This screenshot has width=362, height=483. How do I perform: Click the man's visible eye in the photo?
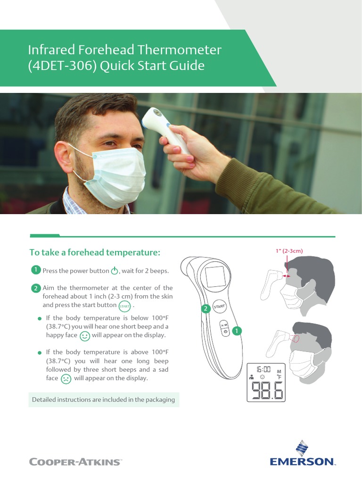point(109,143)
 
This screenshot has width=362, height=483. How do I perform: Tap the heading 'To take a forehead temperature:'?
point(95,252)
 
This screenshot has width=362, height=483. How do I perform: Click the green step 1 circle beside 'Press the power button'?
point(35,270)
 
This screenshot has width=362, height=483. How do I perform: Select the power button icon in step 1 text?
point(115,271)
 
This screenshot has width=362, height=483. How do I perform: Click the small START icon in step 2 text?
point(124,305)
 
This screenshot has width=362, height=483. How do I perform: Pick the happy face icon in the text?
point(85,336)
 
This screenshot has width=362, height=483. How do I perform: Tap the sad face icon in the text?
point(66,378)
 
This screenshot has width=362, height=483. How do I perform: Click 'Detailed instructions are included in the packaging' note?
point(103,400)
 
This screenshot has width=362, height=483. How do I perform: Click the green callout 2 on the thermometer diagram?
point(206,309)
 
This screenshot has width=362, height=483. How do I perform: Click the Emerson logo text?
point(302,461)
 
